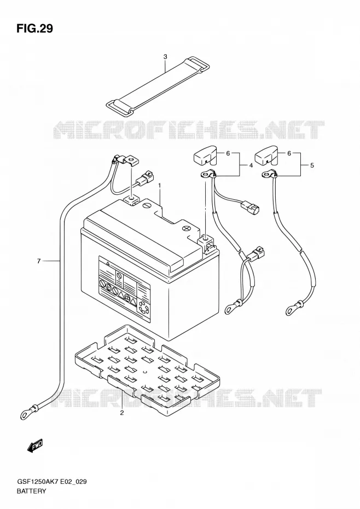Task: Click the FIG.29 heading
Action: click(34, 28)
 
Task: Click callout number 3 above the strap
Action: click(165, 57)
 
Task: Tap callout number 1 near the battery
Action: click(160, 184)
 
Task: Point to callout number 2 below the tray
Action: click(121, 413)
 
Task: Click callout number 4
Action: click(251, 165)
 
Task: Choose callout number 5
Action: click(312, 165)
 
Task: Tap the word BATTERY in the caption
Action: click(31, 491)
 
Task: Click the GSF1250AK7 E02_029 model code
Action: click(51, 482)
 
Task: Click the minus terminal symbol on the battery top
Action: click(147, 205)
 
